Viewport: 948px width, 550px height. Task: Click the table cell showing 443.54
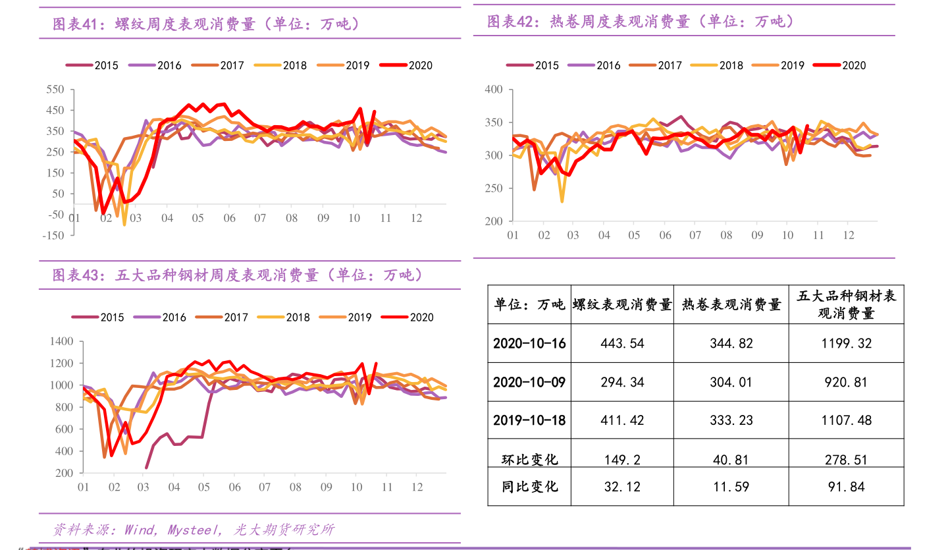[x=621, y=343]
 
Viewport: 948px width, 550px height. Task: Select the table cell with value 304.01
[x=731, y=382]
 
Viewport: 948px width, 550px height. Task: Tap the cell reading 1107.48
[x=846, y=420]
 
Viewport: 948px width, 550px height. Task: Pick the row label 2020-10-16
[x=529, y=343]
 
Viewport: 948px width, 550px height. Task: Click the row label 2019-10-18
[x=529, y=420]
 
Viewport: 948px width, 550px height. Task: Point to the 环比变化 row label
[x=529, y=459]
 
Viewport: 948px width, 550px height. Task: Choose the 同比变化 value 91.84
[x=846, y=487]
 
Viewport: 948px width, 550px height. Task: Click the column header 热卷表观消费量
[x=731, y=304]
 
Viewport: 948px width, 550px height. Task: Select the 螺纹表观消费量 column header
[x=621, y=304]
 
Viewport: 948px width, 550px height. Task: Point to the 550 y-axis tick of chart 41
[x=56, y=90]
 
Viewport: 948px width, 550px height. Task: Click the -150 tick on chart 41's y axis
[x=53, y=234]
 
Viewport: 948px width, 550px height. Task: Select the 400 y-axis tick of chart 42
[x=493, y=90]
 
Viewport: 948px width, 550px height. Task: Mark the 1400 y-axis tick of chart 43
[x=61, y=341]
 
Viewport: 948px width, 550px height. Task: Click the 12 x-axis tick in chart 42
[x=849, y=234]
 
